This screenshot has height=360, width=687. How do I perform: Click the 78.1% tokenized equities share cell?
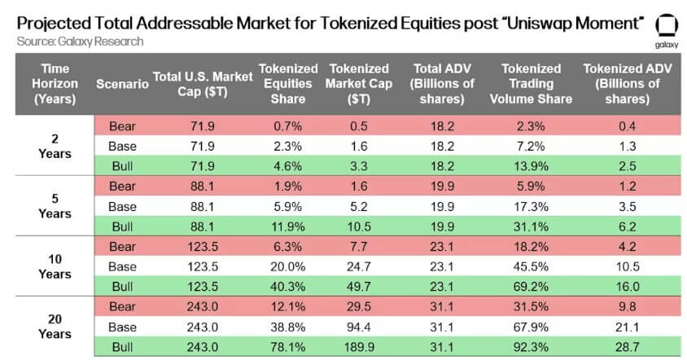coord(282,346)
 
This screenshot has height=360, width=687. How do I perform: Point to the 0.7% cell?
coord(282,125)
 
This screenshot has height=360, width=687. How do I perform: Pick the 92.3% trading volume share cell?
coord(536,346)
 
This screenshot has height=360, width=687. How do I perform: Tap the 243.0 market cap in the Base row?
coord(204,327)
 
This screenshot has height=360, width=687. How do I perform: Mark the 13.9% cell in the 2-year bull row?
coord(536,165)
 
